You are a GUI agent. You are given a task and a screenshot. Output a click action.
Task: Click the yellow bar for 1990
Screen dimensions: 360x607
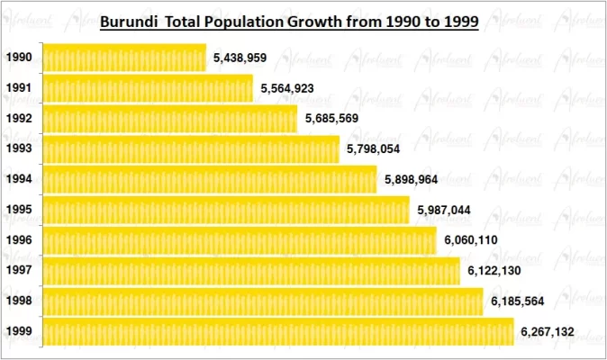(x=124, y=58)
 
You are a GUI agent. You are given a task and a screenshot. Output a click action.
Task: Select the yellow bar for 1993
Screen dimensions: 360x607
(x=191, y=148)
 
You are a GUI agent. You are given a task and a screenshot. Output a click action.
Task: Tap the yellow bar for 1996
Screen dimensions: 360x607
(x=239, y=240)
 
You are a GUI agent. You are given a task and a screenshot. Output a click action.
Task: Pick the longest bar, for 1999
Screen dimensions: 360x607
(x=277, y=331)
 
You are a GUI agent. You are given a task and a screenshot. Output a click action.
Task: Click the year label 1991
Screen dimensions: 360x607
(x=19, y=88)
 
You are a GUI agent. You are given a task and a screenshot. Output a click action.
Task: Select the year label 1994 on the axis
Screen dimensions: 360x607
(x=19, y=179)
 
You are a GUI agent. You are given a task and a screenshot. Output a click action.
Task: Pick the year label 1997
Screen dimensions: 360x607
(x=19, y=270)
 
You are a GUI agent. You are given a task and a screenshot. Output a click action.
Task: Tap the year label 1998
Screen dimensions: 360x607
(x=19, y=301)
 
